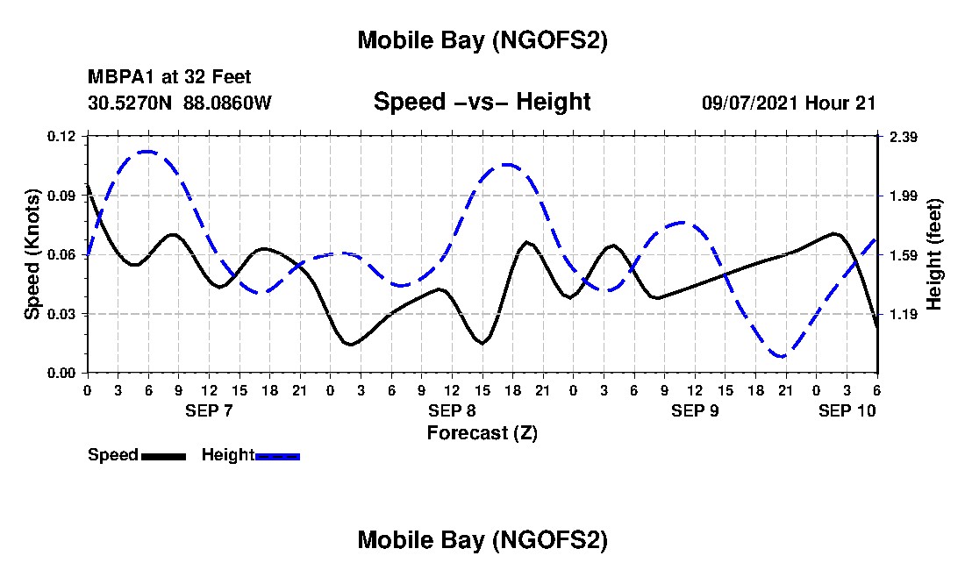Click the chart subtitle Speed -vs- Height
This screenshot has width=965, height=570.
[482, 102]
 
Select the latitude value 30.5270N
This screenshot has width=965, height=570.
[132, 103]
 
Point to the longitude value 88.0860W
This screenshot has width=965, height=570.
[228, 103]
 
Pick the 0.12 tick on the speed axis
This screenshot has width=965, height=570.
[63, 136]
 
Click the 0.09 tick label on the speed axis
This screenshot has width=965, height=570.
[63, 196]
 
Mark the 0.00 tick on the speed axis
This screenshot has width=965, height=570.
[63, 374]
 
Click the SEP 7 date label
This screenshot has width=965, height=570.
[209, 410]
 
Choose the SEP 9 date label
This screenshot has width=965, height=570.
[695, 410]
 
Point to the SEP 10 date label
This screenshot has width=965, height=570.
[847, 410]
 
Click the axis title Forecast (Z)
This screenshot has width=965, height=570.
[482, 432]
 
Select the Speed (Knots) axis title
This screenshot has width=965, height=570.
[32, 254]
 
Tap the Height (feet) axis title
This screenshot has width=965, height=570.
[934, 254]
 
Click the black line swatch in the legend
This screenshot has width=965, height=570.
[163, 456]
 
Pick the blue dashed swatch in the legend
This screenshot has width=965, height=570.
[277, 456]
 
